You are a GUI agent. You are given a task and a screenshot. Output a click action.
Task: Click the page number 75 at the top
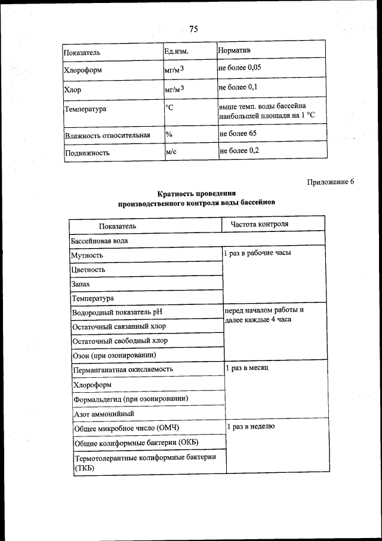pyautogui.click(x=193, y=29)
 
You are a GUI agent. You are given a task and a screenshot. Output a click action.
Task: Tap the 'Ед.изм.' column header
pyautogui.click(x=177, y=51)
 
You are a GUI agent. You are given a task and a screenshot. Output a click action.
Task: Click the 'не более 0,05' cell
pyautogui.click(x=240, y=68)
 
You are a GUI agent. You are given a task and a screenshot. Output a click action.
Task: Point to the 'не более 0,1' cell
pyautogui.click(x=238, y=87)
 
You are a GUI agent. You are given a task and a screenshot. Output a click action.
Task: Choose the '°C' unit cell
pyautogui.click(x=170, y=108)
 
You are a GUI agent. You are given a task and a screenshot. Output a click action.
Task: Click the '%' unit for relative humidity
pyautogui.click(x=169, y=133)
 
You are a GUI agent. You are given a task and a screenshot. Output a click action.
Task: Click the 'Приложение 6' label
pyautogui.click(x=331, y=182)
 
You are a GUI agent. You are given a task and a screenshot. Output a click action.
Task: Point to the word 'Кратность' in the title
pyautogui.click(x=177, y=194)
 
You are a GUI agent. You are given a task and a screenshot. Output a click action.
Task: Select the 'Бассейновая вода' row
pyautogui.click(x=99, y=240)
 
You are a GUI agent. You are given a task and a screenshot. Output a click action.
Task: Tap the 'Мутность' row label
pyautogui.click(x=87, y=255)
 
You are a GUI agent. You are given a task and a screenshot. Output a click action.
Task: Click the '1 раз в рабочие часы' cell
pyautogui.click(x=257, y=253)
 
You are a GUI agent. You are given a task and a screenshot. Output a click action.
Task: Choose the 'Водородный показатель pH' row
pyautogui.click(x=116, y=312)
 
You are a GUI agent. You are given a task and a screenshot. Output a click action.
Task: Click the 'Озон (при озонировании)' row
pyautogui.click(x=114, y=355)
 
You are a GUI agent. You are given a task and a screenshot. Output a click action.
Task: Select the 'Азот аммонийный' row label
pyautogui.click(x=103, y=413)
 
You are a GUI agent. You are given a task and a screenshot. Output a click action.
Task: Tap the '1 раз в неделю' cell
pyautogui.click(x=251, y=426)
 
